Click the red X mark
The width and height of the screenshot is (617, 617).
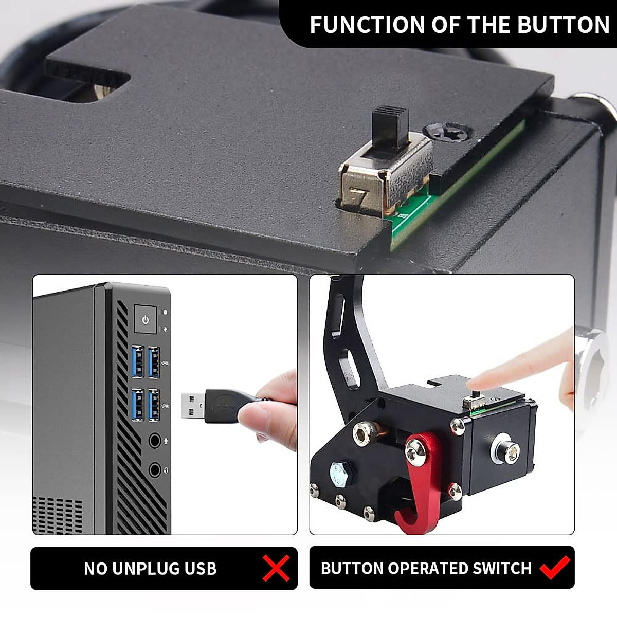coord(276,568)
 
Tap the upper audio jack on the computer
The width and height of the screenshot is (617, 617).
coord(154,441)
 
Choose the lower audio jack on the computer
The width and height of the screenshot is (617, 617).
coord(154,469)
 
